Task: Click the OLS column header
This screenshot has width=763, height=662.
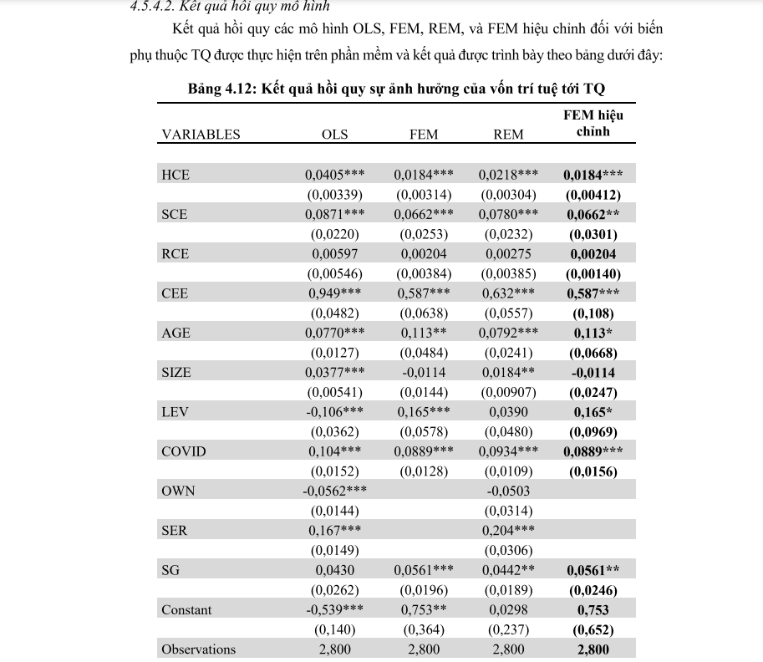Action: [335, 135]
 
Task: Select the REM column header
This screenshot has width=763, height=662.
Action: [508, 135]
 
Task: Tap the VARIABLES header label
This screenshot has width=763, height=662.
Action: [201, 135]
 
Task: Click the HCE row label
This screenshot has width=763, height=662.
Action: [175, 175]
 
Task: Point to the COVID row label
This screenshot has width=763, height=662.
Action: [183, 452]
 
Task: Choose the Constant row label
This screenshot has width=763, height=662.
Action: [186, 610]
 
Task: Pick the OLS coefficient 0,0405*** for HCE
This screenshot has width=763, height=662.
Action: [334, 175]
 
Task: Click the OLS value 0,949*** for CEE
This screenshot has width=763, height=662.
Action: [334, 293]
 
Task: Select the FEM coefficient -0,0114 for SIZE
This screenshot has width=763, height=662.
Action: [424, 373]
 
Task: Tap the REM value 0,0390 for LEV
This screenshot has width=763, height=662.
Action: [508, 412]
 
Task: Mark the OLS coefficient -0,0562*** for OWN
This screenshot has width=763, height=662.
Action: [334, 491]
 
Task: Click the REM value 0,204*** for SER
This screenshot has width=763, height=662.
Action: [508, 531]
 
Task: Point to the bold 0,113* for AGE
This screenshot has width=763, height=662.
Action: [593, 333]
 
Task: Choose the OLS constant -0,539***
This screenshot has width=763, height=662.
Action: [334, 610]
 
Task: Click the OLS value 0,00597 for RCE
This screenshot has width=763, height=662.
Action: [334, 254]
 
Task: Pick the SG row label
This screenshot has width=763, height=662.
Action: [170, 570]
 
